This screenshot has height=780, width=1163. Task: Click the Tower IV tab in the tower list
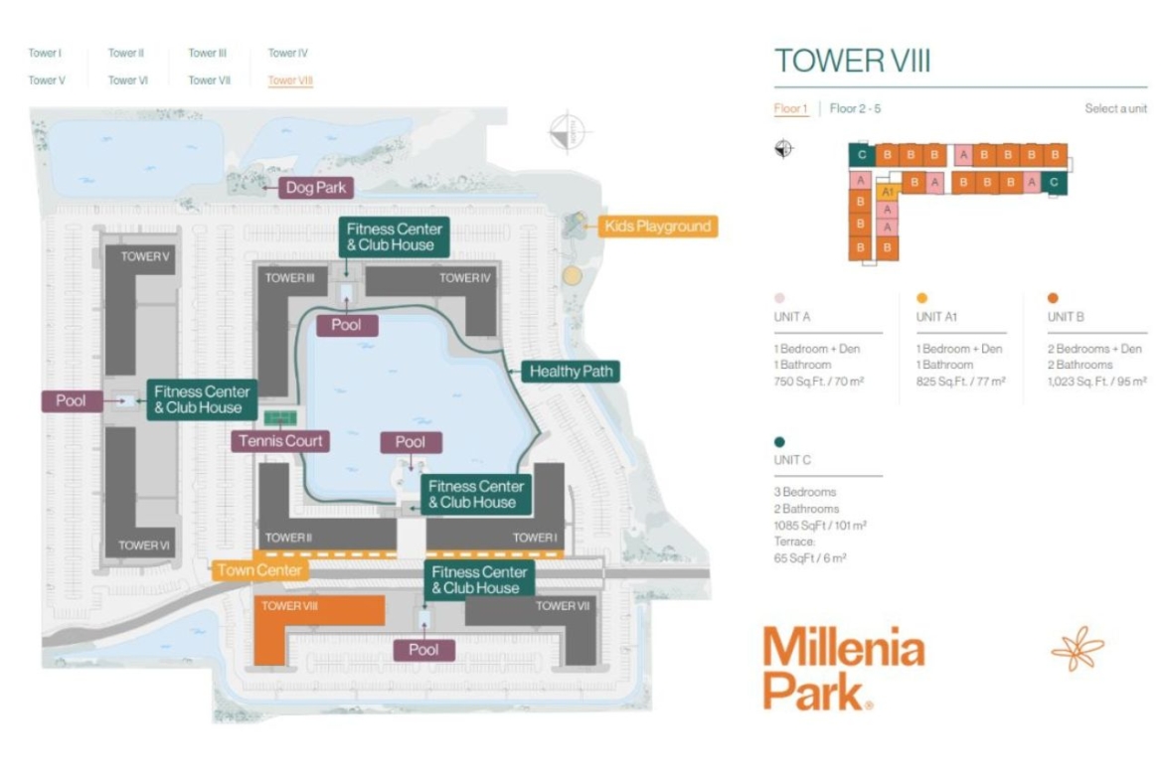coord(288,53)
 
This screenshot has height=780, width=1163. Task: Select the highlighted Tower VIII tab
coord(290,80)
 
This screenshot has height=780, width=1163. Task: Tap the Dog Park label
coord(316,188)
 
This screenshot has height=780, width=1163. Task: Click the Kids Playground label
coord(658,227)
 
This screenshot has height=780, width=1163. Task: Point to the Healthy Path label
coord(572,372)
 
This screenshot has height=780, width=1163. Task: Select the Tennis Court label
coord(280,441)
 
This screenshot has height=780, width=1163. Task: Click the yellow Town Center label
coord(258,570)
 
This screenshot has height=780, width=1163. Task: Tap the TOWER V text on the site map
coord(145,256)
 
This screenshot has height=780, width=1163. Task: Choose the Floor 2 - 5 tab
coord(855,108)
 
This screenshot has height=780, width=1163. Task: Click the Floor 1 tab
coord(790,108)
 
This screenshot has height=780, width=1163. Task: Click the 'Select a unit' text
coord(1115,108)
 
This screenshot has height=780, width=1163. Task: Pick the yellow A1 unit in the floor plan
coord(887,192)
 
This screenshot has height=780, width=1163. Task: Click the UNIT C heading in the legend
coord(792,460)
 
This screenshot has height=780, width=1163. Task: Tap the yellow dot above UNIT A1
coord(921,298)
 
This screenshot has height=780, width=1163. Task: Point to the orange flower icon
coord(1078,649)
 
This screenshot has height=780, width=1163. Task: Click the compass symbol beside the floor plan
coord(784,149)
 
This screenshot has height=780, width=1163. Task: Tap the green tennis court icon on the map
coord(280,418)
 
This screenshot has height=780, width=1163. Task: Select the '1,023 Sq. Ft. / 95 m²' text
coord(1097,382)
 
